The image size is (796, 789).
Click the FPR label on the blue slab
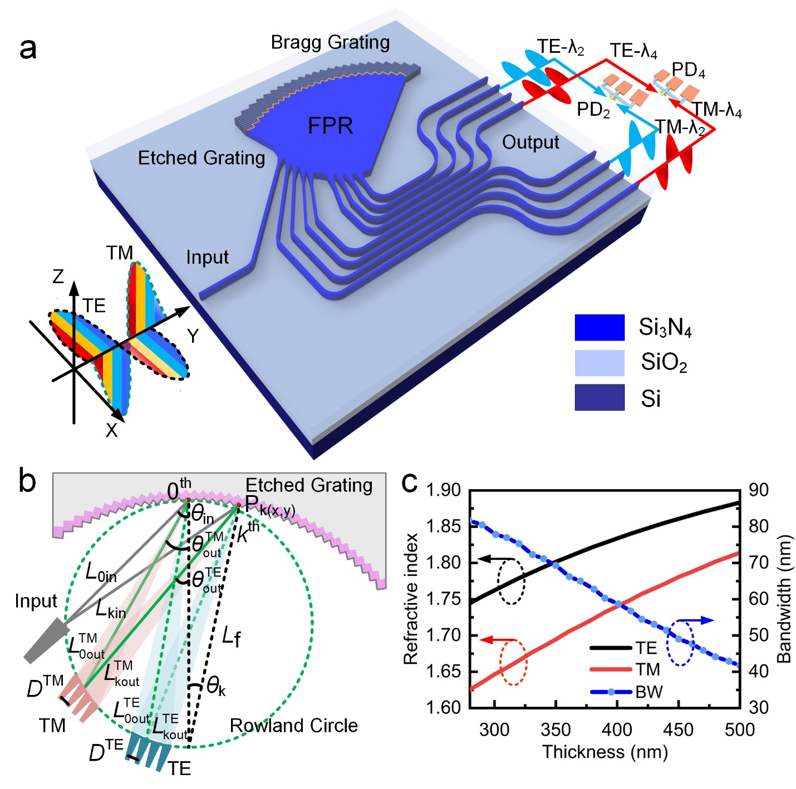click(x=330, y=126)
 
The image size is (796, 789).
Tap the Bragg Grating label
click(x=330, y=43)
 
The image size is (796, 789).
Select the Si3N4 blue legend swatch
click(x=599, y=327)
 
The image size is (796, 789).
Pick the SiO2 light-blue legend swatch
click(x=599, y=363)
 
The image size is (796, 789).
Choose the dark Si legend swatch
click(x=599, y=397)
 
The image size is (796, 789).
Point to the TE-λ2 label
click(x=560, y=47)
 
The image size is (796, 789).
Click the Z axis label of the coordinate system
click(x=58, y=277)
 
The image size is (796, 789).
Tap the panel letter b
click(x=27, y=481)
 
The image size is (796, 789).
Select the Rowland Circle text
click(x=293, y=726)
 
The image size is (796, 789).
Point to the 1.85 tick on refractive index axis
click(x=443, y=526)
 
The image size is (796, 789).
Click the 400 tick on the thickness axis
click(x=617, y=729)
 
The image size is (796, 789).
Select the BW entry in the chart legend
click(x=648, y=692)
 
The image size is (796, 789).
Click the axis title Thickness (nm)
click(x=605, y=752)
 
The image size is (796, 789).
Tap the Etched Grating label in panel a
click(x=201, y=159)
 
